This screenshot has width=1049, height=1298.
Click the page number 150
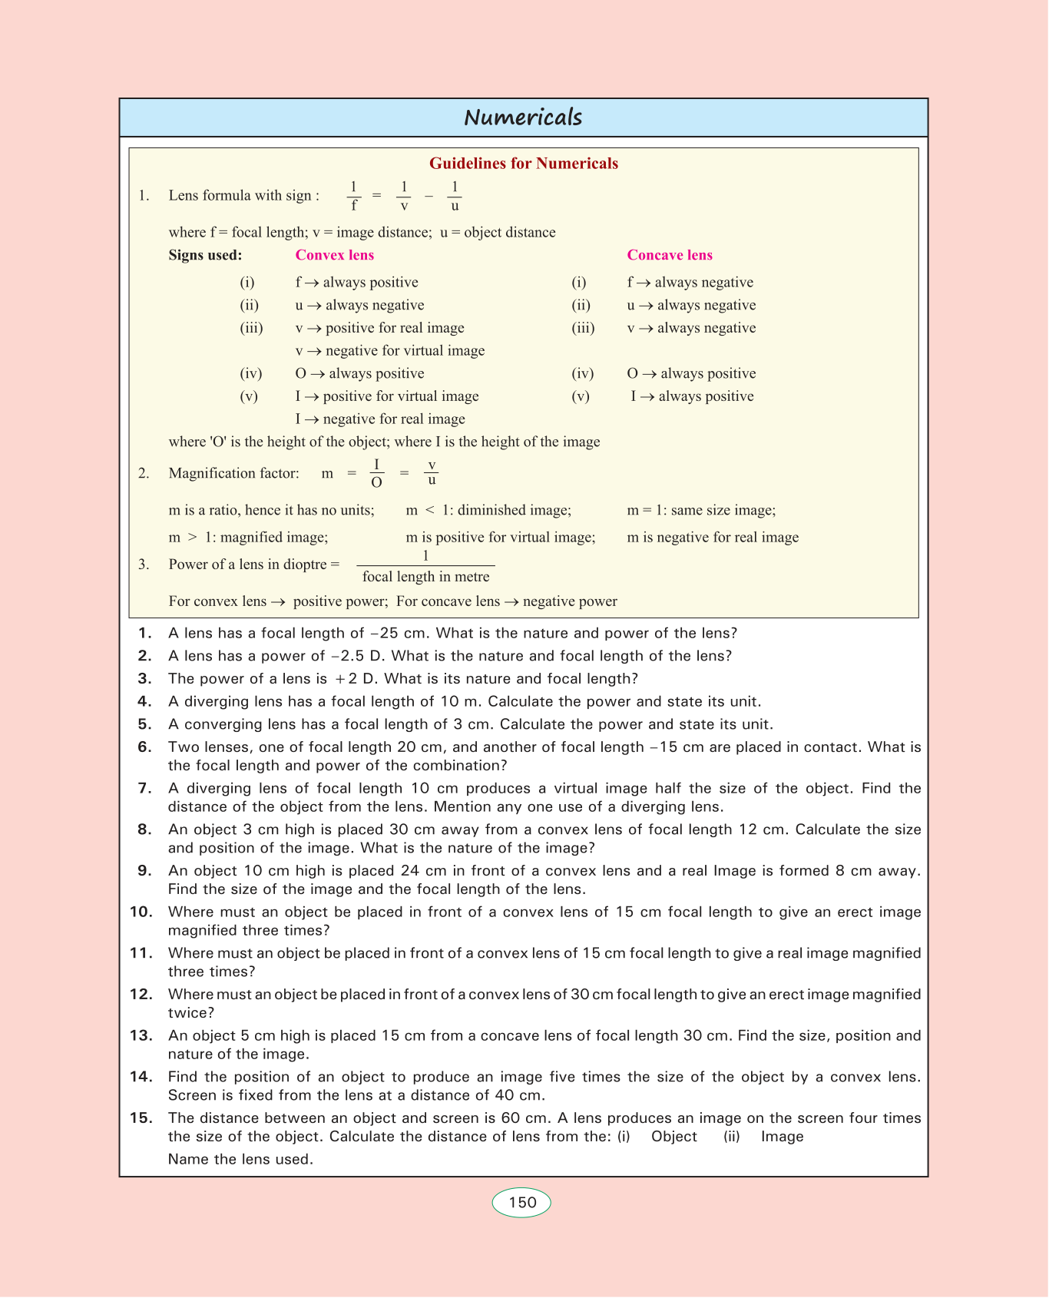[x=522, y=1202]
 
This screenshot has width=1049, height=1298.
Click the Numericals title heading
[x=523, y=118]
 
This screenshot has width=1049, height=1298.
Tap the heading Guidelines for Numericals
[x=523, y=163]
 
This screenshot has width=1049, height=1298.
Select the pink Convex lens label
[x=335, y=255]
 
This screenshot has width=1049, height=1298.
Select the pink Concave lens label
[x=670, y=255]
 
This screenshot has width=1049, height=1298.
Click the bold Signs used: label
[x=205, y=255]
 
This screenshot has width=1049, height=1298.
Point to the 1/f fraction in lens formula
[x=353, y=196]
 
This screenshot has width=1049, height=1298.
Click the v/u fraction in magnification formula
[x=432, y=473]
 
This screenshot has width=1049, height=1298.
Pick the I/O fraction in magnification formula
[x=376, y=473]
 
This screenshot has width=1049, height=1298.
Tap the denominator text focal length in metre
[x=425, y=577]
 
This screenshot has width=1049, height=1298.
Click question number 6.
[x=144, y=747]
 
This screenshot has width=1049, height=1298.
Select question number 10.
[x=141, y=912]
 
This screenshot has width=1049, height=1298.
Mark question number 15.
[x=141, y=1118]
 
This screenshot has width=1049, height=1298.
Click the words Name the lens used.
[x=240, y=1159]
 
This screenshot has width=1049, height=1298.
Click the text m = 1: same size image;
[x=701, y=510]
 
